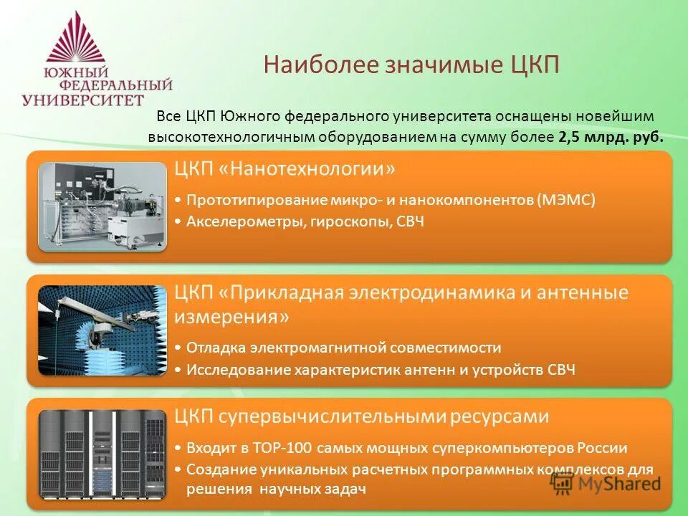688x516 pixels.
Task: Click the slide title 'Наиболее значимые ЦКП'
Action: [411, 64]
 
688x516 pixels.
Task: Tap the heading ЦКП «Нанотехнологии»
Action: [285, 170]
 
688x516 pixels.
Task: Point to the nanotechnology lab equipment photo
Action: [102, 206]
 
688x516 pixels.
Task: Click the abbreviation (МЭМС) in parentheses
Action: [566, 200]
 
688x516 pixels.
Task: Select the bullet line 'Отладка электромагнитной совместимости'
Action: [343, 348]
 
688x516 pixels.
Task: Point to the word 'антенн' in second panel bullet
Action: [425, 370]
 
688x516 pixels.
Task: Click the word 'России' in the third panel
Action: [602, 449]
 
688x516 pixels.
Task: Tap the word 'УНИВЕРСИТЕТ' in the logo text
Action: [83, 100]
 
